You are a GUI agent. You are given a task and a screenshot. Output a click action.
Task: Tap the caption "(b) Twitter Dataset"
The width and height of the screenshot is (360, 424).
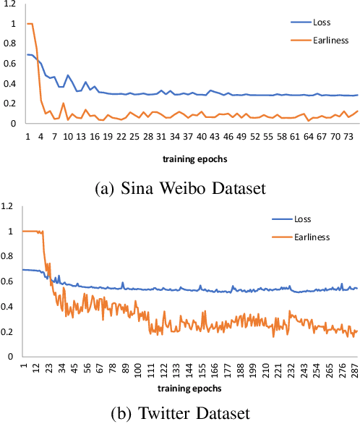(x=179, y=414)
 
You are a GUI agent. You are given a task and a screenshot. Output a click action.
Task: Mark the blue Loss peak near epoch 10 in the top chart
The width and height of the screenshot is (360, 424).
(x=68, y=75)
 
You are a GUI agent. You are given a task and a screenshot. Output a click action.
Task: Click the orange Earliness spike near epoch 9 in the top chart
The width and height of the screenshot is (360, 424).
(x=64, y=103)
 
